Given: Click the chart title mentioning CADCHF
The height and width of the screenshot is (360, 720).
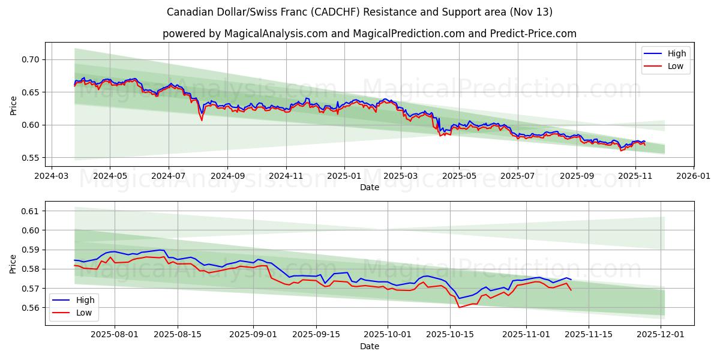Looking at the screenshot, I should click(x=360, y=12).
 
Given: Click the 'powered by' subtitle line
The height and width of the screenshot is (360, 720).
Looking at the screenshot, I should click(x=369, y=34).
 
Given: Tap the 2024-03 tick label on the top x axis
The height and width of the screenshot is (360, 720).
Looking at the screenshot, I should click(x=51, y=177).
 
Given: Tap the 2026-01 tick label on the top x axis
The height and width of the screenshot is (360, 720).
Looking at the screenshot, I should click(x=694, y=177).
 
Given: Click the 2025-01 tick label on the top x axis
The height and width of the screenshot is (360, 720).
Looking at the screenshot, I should click(x=344, y=177).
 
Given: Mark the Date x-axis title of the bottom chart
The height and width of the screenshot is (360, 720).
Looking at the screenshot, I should click(x=369, y=347).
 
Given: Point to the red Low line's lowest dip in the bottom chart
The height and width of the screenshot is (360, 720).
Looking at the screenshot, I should click(x=459, y=307).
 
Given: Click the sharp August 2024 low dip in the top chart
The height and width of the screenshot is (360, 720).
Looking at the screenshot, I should click(x=202, y=120).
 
